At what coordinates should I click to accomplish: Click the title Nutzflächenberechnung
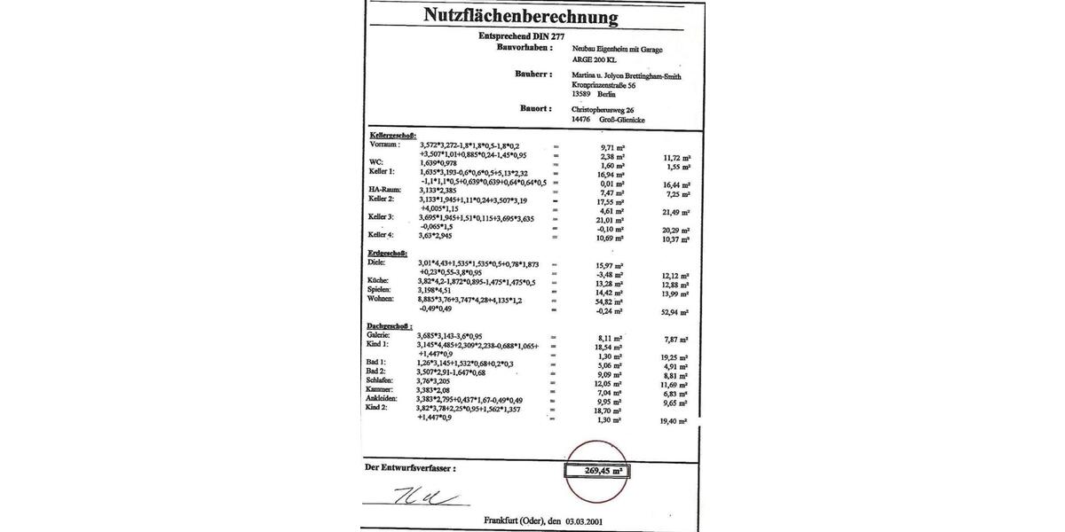[x=521, y=15]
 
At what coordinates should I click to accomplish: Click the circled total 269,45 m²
[x=596, y=471]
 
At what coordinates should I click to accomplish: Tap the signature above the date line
[x=425, y=497]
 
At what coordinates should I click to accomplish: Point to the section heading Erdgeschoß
[x=389, y=254]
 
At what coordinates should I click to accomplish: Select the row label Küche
[x=381, y=281]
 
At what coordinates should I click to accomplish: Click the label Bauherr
[x=533, y=74]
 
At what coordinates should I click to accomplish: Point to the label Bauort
[x=537, y=108]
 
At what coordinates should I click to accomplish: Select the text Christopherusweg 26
[x=603, y=108]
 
